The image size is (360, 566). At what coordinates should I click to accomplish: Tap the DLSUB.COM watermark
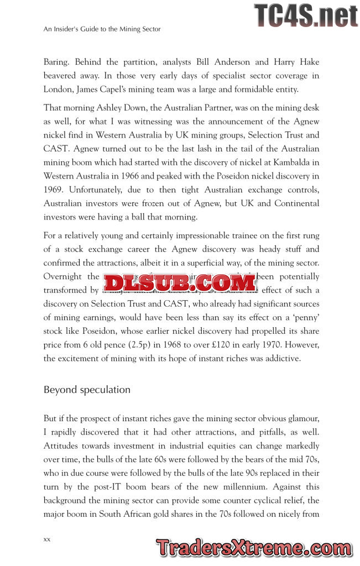[180, 283]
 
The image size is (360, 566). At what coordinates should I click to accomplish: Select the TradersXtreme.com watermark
[254, 548]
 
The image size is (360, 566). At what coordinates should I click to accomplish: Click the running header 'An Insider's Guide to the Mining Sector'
[102, 29]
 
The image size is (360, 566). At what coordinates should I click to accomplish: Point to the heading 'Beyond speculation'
[87, 390]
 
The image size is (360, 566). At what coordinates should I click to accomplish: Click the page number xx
[47, 539]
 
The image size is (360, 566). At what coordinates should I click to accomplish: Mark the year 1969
[53, 191]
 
